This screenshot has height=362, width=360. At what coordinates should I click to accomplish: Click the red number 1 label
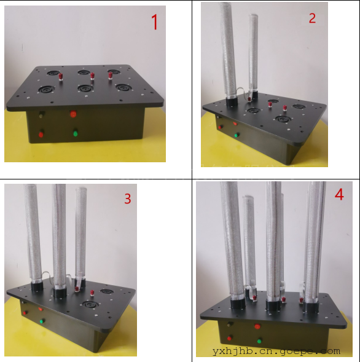click(155, 22)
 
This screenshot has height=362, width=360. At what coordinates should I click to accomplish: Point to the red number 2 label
click(312, 18)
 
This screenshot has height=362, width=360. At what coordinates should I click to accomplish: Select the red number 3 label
click(128, 199)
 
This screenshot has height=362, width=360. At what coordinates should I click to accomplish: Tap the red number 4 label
click(339, 194)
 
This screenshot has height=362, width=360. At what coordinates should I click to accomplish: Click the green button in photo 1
click(75, 133)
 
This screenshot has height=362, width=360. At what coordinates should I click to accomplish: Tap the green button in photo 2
click(237, 135)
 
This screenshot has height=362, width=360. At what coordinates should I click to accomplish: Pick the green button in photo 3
click(42, 321)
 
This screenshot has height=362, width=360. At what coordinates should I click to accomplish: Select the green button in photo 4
click(259, 340)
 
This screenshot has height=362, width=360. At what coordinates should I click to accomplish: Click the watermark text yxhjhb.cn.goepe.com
click(276, 351)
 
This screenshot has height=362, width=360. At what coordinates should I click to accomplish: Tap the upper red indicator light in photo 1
click(73, 114)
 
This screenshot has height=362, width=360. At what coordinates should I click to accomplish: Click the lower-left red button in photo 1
click(41, 135)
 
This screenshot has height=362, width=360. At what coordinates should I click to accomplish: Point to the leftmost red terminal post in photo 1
click(61, 76)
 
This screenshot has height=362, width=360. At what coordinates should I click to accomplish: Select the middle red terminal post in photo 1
click(92, 76)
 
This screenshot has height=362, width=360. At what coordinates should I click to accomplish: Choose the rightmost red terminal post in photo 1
click(111, 75)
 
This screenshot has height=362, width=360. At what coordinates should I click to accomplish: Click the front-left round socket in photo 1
click(47, 89)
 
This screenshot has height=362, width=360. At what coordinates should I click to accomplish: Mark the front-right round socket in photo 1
click(123, 87)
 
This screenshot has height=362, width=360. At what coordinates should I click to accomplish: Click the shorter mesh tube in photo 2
click(253, 55)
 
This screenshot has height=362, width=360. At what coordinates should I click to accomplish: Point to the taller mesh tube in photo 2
click(229, 50)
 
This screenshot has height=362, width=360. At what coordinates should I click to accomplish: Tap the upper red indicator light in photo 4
click(257, 326)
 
